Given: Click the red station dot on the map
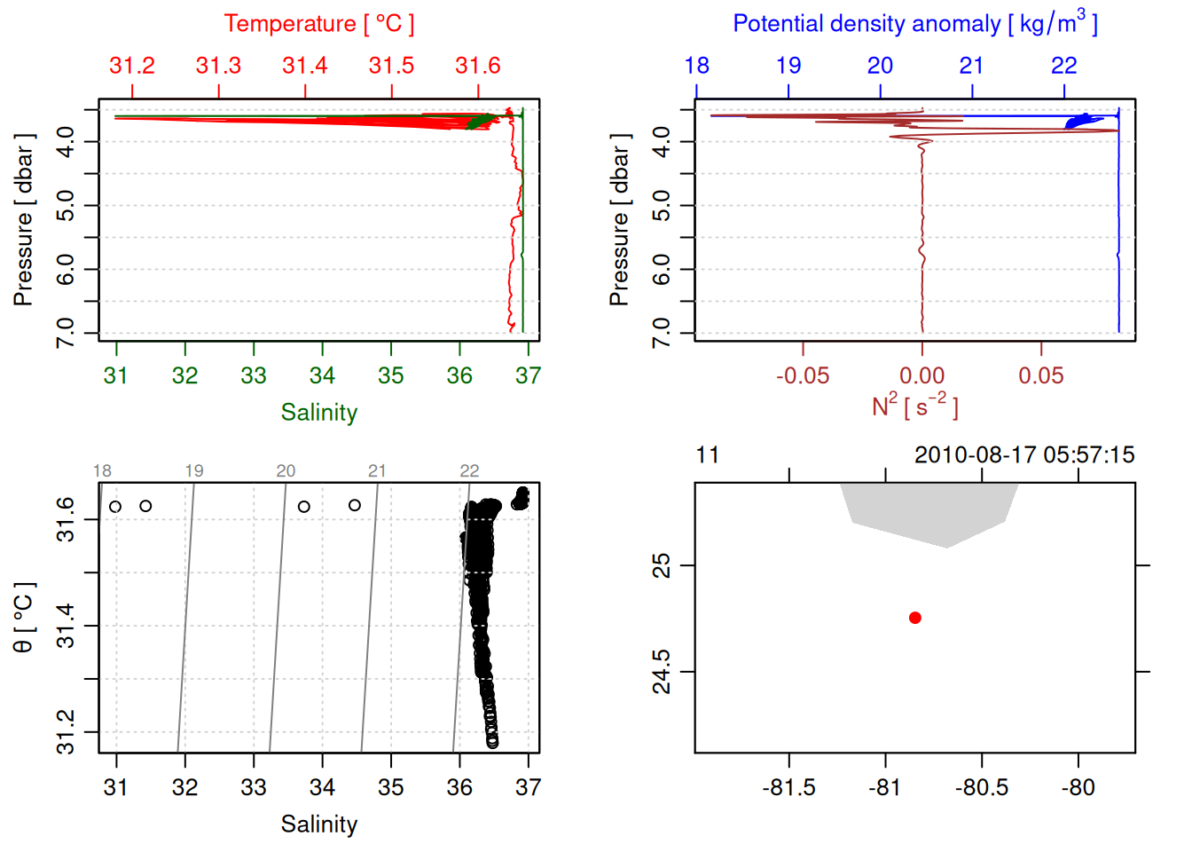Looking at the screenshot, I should point(915,618).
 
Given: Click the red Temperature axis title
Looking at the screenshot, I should point(318,23).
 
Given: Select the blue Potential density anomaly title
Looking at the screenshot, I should point(915,23).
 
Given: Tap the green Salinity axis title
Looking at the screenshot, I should point(319,413).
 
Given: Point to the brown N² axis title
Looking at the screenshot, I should point(915,406).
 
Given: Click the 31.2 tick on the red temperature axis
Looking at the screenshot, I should point(132,66).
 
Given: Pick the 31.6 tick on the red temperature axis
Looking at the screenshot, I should point(478,66).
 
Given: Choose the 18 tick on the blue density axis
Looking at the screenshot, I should point(697,66).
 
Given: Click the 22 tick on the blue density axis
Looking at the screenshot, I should point(1064,66).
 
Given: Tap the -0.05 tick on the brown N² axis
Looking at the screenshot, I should point(803,375).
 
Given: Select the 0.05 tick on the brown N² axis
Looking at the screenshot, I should point(1041,375).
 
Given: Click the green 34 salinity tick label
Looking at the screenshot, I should point(322,375).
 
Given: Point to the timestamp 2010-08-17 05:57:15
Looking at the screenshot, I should point(1024,455).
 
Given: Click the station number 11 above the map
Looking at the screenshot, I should point(707,455).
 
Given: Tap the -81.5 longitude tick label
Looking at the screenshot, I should point(788,787).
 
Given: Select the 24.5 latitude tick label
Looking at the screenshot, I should point(662,672).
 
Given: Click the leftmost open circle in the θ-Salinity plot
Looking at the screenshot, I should point(115,507).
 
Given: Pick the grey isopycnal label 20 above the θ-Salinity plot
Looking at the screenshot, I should point(286,470).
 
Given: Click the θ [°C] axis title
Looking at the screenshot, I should point(24,618).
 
